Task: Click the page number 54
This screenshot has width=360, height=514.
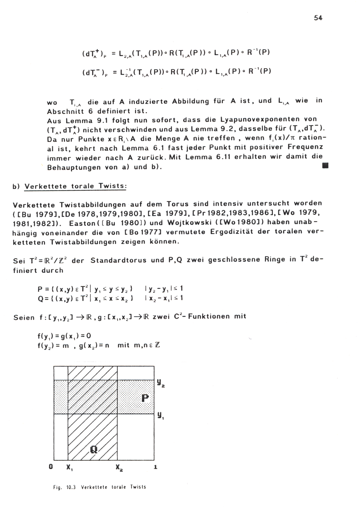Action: click(x=318, y=18)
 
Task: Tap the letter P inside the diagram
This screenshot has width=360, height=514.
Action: click(x=145, y=398)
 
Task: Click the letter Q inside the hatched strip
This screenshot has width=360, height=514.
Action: click(x=94, y=449)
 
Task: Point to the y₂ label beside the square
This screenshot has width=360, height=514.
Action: click(x=161, y=383)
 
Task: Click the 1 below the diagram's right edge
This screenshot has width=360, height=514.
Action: click(x=156, y=467)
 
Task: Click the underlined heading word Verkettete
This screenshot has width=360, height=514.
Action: click(x=45, y=186)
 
